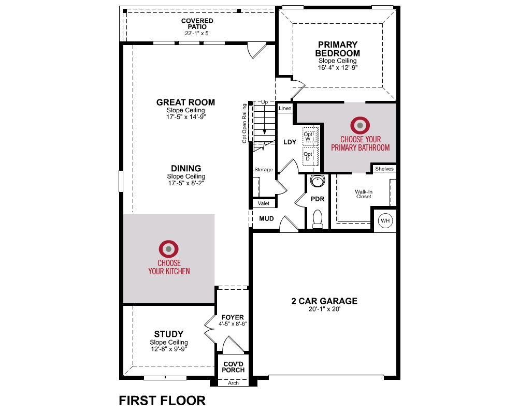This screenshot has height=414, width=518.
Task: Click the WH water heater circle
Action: tap(385, 220)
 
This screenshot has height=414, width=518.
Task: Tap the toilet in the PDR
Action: tap(318, 219)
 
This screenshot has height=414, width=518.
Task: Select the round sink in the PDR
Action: tap(318, 181)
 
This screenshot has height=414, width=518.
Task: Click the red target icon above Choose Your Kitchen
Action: tap(168, 248)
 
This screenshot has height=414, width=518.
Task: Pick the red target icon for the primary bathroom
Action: tap(360, 125)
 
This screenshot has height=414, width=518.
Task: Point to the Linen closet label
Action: tap(285, 108)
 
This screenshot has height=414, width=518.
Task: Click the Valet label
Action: tap(264, 203)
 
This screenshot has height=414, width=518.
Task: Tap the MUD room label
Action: tap(266, 218)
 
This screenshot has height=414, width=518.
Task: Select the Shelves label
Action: tap(384, 169)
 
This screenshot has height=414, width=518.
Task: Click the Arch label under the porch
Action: tap(233, 383)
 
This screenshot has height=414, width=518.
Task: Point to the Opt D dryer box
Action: tap(310, 156)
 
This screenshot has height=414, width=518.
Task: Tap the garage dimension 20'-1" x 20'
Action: tap(324, 309)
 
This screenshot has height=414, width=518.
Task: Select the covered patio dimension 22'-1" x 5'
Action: tap(197, 33)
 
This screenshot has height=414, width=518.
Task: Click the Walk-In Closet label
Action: tap(364, 194)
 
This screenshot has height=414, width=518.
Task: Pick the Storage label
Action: tap(263, 169)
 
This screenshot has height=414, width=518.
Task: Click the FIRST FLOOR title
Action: tap(162, 401)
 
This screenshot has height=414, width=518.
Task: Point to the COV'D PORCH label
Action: tap(233, 367)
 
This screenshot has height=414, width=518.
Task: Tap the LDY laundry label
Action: tap(290, 142)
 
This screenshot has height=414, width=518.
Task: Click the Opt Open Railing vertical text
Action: tap(244, 124)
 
